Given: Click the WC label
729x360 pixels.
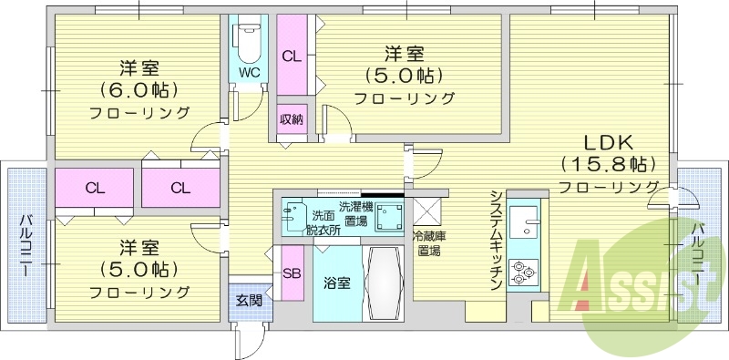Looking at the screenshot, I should point(249,72).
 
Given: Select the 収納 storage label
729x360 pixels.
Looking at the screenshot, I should point(292,119).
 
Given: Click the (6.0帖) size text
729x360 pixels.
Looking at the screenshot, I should point(139,90).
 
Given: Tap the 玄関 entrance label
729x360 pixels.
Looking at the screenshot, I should point(248,299).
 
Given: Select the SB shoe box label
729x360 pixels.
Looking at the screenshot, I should point(293,273).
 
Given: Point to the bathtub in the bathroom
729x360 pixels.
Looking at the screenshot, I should point(383,283).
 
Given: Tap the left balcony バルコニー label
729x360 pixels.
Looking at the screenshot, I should point(26,245).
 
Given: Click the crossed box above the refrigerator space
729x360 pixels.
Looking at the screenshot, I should point(426,211).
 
